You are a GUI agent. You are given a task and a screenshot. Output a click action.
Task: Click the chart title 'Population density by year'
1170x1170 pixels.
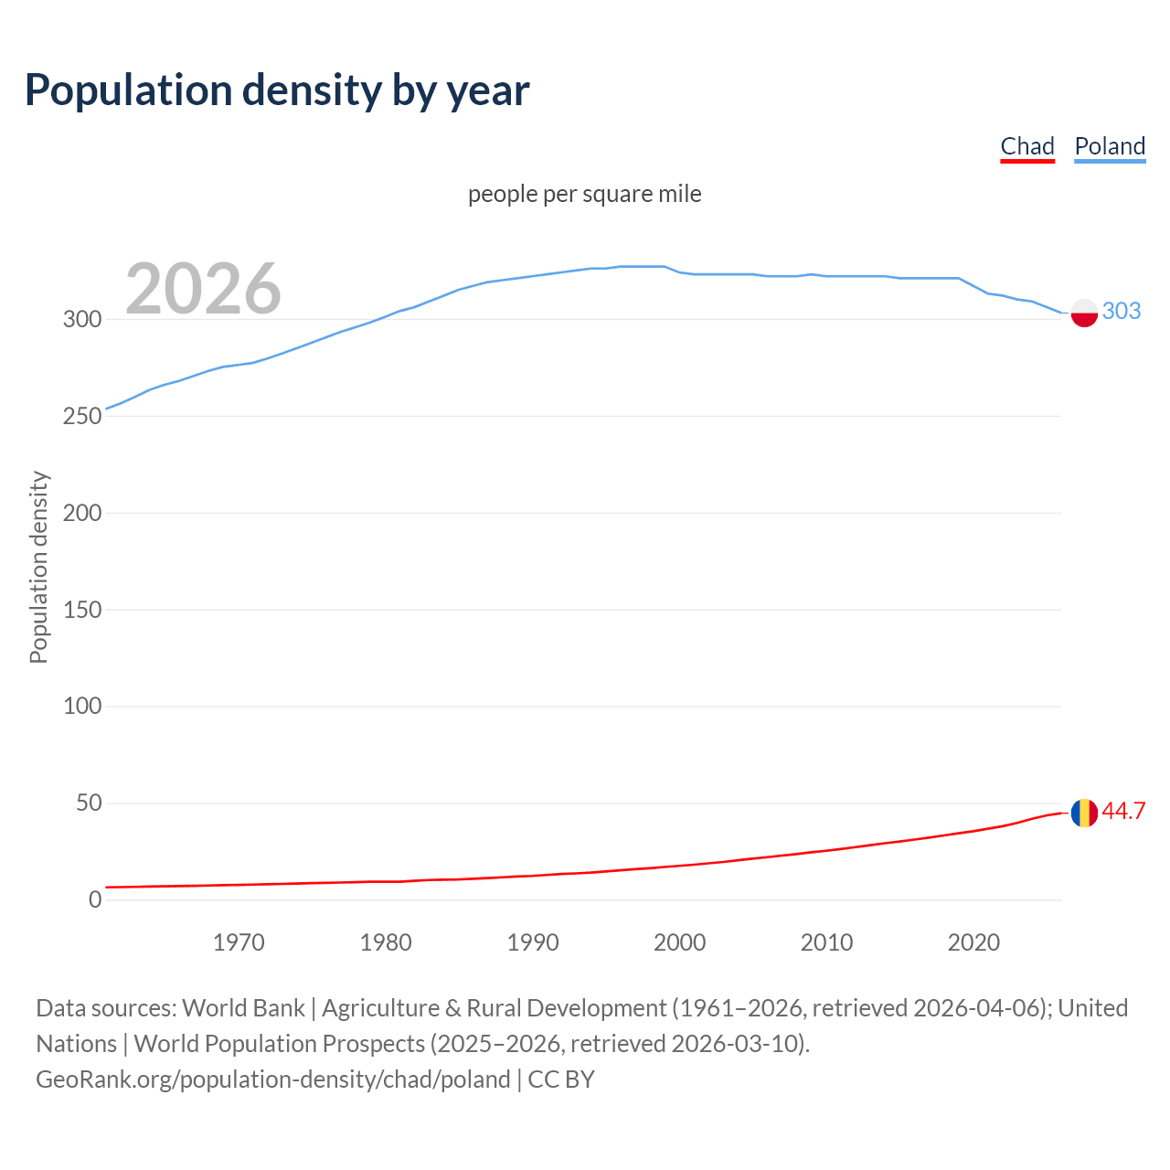click(x=277, y=90)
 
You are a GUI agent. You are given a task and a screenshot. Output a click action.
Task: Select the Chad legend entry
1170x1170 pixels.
click(x=1027, y=146)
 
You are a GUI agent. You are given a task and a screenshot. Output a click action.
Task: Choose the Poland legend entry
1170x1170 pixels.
click(x=1110, y=146)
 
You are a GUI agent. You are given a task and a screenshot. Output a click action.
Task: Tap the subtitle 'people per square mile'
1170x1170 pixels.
click(x=585, y=194)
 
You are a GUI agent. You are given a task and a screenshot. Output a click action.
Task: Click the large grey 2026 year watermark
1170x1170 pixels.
click(x=203, y=289)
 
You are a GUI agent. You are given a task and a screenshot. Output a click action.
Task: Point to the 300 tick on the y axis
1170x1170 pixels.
click(x=81, y=320)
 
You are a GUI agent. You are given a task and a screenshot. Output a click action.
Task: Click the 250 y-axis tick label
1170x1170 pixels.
click(x=81, y=416)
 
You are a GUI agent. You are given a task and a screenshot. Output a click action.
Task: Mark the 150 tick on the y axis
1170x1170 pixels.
click(x=81, y=610)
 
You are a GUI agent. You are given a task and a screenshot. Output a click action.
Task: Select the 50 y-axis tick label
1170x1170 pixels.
click(x=88, y=803)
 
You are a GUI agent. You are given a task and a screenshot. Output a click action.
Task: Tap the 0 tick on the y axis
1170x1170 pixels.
click(x=95, y=900)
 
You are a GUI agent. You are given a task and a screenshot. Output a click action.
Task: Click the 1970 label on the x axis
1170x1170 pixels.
click(x=239, y=942)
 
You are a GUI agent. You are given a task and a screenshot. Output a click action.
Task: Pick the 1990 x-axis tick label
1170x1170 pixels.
click(x=533, y=942)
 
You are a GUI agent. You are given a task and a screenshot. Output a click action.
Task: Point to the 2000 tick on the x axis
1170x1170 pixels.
click(x=679, y=942)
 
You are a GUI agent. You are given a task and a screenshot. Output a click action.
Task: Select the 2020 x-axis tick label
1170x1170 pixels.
click(x=973, y=942)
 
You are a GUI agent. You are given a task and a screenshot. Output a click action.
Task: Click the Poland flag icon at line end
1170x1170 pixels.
click(x=1084, y=313)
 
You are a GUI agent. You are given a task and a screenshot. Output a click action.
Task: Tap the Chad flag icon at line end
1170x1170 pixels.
click(x=1084, y=813)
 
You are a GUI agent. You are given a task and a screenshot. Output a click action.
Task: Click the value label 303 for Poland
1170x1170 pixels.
click(x=1122, y=312)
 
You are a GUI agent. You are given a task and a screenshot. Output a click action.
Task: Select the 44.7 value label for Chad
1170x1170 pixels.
click(x=1123, y=812)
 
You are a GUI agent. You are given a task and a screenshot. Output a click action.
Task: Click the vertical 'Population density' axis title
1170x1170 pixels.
click(x=38, y=567)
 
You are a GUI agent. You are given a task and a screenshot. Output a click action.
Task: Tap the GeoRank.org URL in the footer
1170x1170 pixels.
click(x=272, y=1080)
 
